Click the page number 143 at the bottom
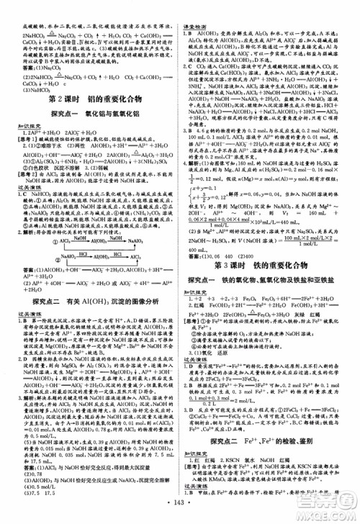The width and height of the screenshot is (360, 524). (x=179, y=515)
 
